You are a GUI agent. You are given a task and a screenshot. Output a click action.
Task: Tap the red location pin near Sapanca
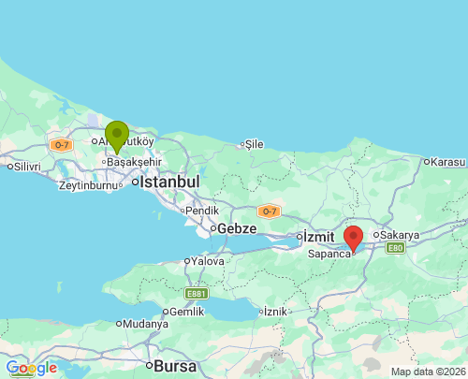coord(354,238)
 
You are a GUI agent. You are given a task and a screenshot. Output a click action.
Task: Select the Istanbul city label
coord(170,182)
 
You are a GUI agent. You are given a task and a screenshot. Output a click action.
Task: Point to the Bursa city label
coord(175,365)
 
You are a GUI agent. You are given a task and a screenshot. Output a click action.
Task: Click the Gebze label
coord(238,228)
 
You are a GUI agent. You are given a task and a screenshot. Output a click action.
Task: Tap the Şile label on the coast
coord(254,144)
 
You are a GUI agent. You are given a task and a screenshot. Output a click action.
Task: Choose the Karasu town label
coord(447,161)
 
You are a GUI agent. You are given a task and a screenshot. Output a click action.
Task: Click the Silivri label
coord(24,167)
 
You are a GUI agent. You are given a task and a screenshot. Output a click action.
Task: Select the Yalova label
coord(207,261)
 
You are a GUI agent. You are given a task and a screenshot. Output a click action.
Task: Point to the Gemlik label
coord(183,312)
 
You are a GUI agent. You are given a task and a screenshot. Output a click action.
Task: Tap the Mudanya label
coord(146,324)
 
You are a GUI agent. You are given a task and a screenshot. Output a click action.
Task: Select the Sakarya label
coord(400,235)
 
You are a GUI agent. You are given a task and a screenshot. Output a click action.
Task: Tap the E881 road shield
coord(195,294)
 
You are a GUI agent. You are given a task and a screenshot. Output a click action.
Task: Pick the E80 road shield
coord(394,248)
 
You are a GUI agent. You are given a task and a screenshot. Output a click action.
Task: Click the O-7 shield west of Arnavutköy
coord(61,144)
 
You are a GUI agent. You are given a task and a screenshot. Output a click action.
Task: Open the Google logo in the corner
coord(31,368)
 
